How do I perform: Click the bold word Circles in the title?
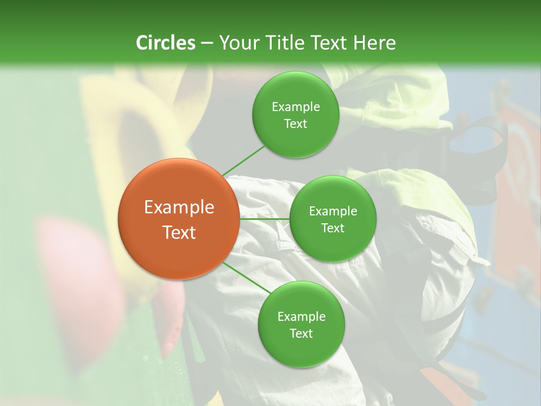[165, 43]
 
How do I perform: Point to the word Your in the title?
[239, 43]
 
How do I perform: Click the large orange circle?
[179, 219]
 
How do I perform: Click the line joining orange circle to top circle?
[243, 160]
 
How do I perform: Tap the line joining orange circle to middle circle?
[264, 219]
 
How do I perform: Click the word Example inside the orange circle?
[179, 208]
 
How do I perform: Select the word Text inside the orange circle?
[179, 232]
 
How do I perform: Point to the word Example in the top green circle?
[295, 107]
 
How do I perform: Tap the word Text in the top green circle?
[295, 123]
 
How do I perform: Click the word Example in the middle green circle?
[333, 211]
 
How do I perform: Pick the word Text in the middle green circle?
[333, 228]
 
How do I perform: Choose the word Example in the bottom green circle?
[301, 317]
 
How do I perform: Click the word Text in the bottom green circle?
[301, 333]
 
